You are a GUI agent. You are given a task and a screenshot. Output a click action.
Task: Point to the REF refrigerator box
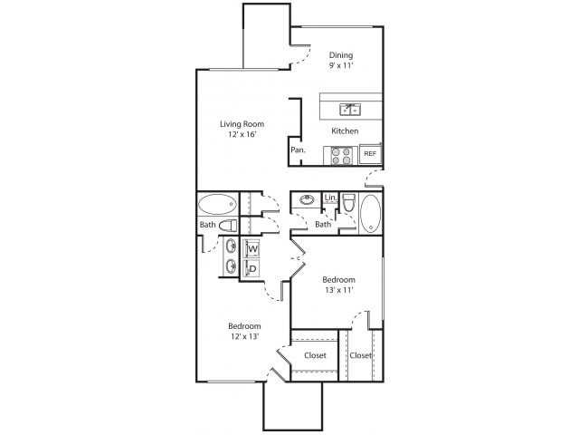click(370, 155)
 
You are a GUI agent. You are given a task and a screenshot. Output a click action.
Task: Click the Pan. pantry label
click(297, 150)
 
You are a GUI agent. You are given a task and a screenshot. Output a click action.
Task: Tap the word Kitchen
click(345, 131)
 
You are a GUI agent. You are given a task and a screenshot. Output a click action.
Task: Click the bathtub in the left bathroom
click(216, 203)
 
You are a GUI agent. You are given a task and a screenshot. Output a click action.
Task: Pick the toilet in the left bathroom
click(227, 225)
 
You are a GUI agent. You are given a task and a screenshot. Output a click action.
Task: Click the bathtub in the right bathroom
click(371, 214)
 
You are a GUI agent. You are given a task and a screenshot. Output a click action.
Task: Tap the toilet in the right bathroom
click(347, 208)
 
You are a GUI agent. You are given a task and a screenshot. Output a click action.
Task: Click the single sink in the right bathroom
click(308, 200)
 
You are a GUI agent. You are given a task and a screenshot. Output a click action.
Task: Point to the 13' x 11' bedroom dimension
click(338, 291)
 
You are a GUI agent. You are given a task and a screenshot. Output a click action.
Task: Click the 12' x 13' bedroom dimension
click(244, 337)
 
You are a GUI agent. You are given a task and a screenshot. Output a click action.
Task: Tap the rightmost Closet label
click(360, 355)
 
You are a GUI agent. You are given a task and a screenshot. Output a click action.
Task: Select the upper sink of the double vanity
click(231, 246)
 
